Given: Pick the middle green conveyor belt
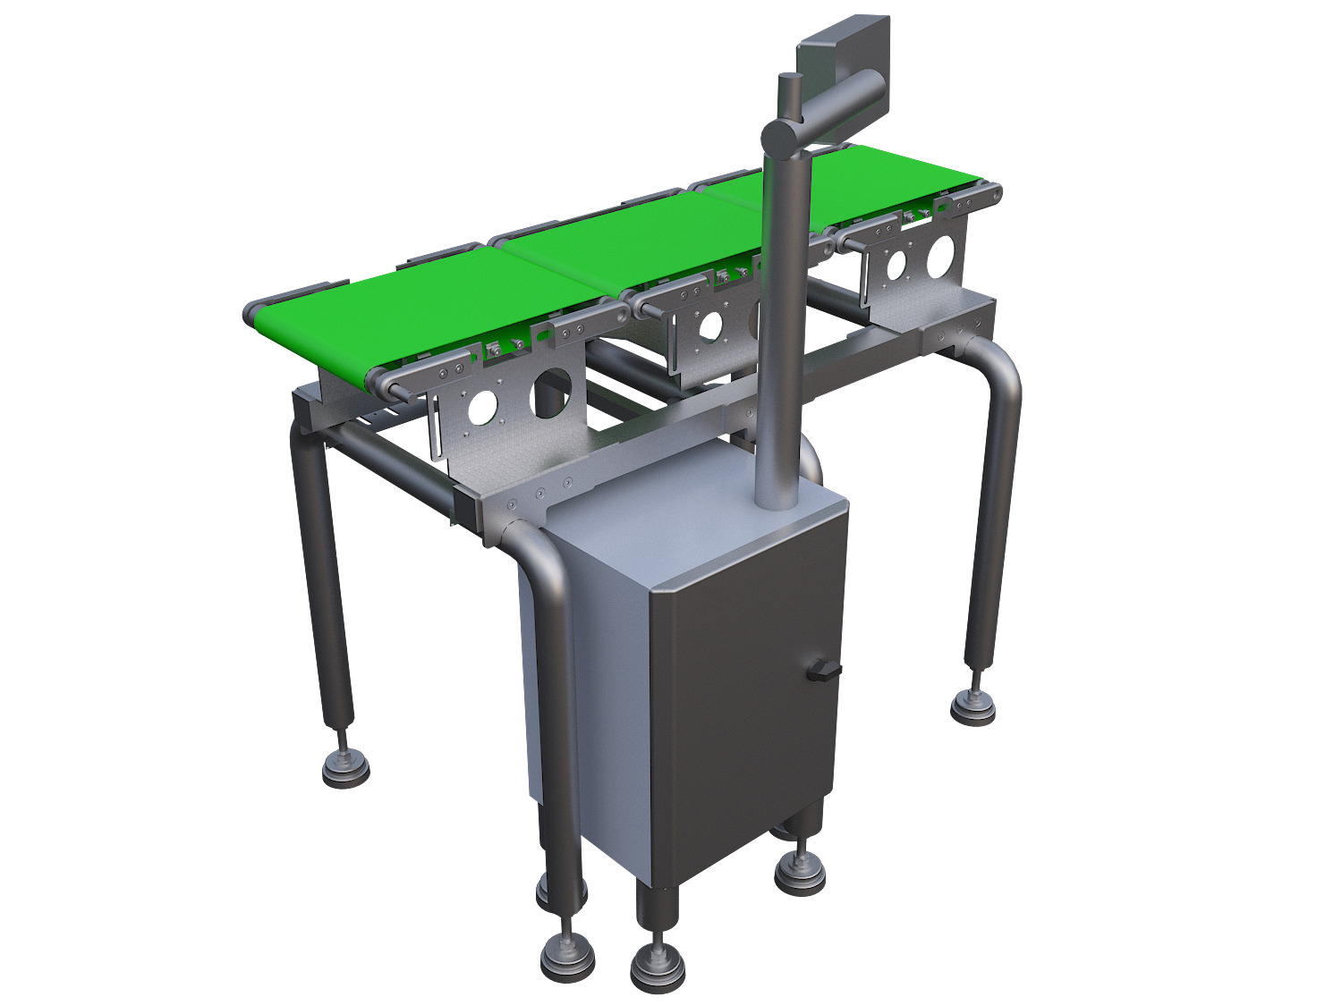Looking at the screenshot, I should click(x=626, y=246).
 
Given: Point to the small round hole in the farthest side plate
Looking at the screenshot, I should click(x=894, y=264).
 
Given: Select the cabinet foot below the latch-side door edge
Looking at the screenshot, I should click(x=799, y=871).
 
